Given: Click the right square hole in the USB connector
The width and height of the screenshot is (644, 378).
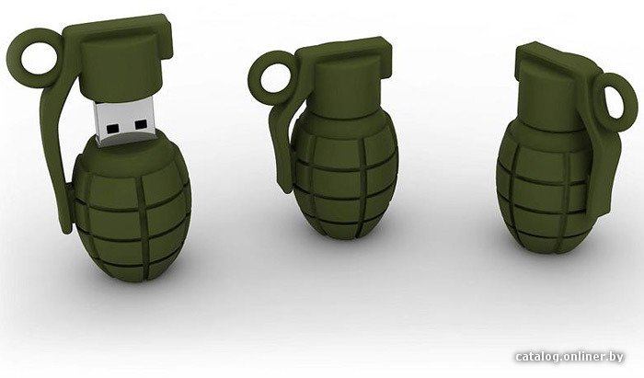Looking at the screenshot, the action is [x=141, y=124].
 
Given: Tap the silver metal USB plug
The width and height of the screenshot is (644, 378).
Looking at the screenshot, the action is [x=125, y=122].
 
